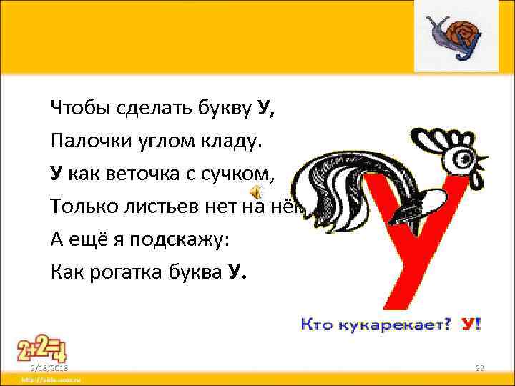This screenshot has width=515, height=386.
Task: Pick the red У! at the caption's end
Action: [x=471, y=324]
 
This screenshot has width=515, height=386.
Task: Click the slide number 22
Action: [x=480, y=367]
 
